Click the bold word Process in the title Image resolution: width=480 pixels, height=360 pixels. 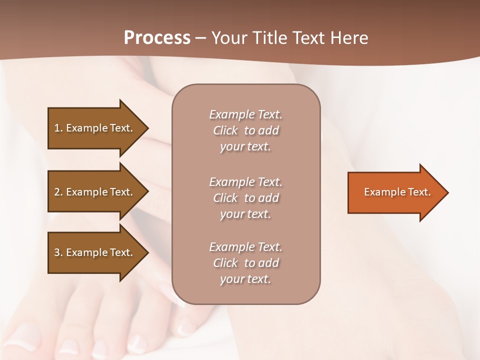(157, 38)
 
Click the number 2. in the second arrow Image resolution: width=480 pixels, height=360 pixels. (58, 192)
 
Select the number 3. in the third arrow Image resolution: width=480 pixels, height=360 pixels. (58, 252)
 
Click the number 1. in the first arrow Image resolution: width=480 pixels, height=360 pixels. (58, 128)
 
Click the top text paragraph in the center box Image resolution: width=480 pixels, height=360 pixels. (245, 130)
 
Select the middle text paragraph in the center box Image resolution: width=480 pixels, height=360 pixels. (245, 198)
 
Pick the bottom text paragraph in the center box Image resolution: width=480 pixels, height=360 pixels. (245, 263)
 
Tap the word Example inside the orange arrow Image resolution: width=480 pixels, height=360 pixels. (385, 192)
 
